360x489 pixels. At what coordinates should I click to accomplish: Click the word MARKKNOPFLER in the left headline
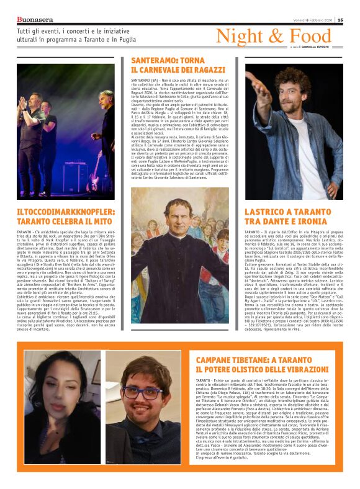click(74, 213)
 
